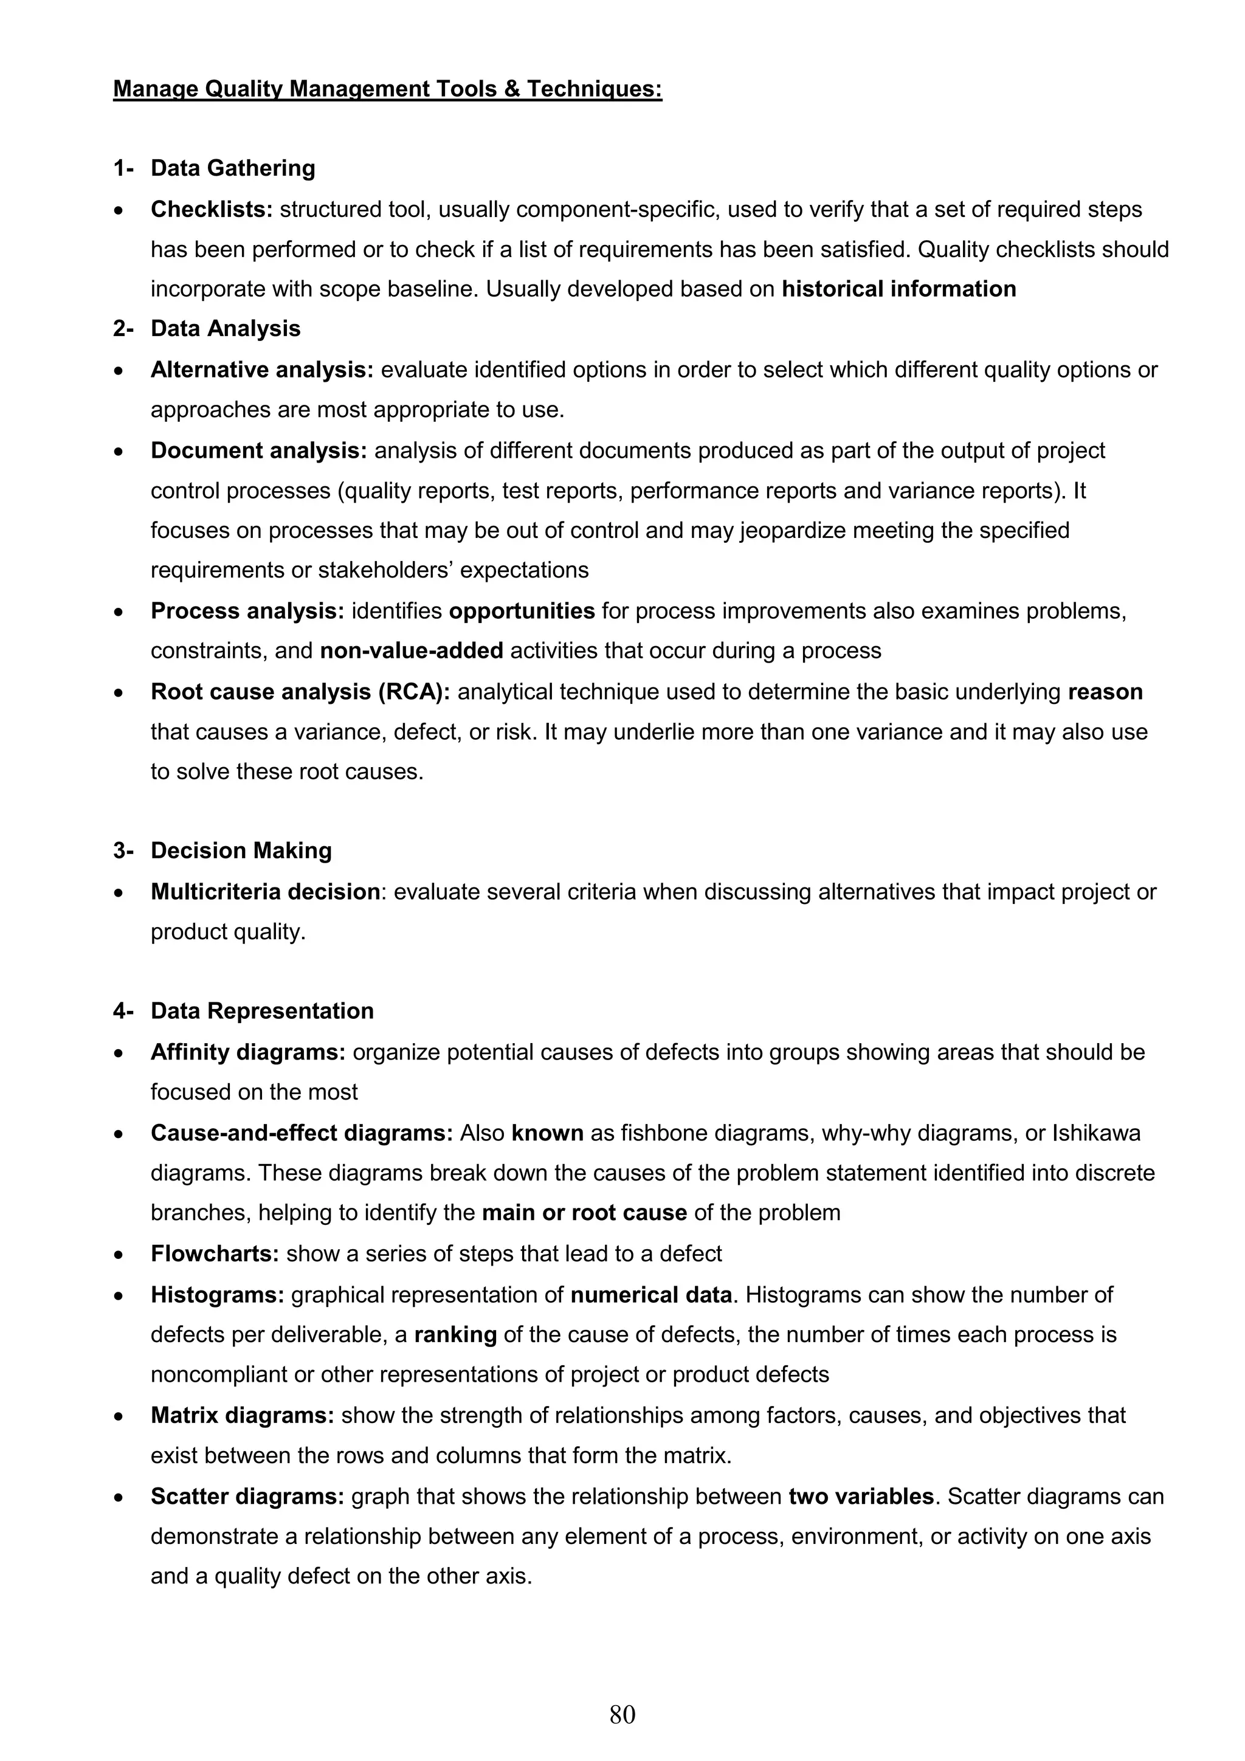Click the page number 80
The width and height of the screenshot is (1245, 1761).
[622, 1714]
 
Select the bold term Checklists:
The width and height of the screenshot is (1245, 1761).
[212, 209]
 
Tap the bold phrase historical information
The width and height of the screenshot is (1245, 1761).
[898, 289]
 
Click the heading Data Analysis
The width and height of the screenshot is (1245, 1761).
[225, 328]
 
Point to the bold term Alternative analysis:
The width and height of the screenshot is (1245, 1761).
[261, 370]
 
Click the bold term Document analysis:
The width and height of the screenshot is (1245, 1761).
[258, 450]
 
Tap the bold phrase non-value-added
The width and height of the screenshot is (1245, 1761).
[411, 650]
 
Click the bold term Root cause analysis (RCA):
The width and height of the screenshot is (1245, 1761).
[300, 692]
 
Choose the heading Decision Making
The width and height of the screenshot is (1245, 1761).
[241, 850]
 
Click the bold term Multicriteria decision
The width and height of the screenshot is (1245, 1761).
[264, 892]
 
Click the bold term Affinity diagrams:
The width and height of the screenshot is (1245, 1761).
[248, 1052]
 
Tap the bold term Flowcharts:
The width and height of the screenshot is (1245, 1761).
[215, 1254]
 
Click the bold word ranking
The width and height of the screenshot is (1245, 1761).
[456, 1334]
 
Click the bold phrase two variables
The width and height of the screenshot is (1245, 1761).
[861, 1497]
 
